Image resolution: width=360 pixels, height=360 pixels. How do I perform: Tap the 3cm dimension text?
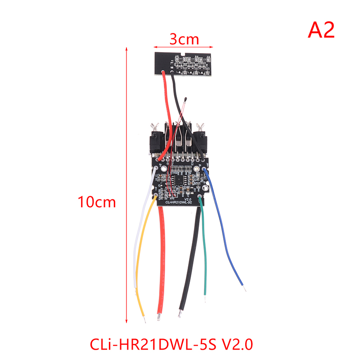point(184,39)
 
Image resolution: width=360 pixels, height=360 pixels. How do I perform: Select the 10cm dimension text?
point(97,202)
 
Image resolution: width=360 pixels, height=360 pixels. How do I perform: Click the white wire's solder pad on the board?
point(156,167)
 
